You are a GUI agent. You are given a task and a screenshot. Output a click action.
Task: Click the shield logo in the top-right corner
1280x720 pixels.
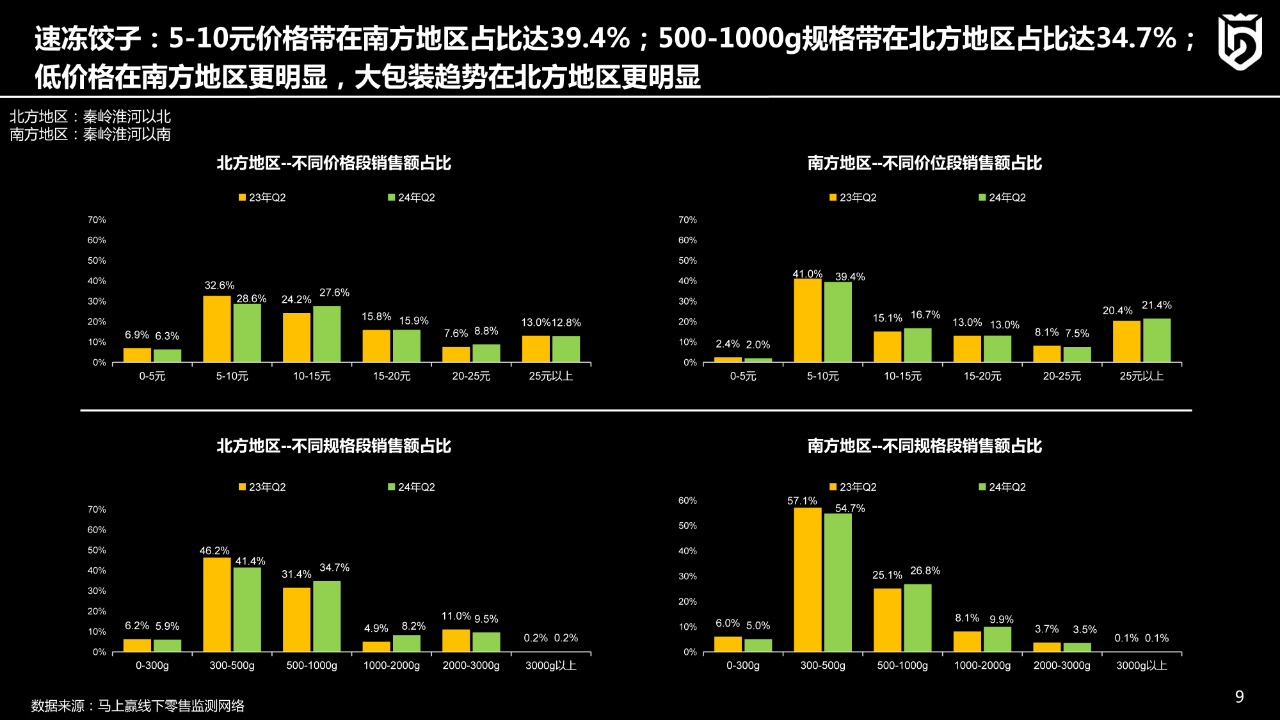coord(1239,42)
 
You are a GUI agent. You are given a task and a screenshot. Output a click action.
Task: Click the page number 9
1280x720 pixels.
coord(1240,697)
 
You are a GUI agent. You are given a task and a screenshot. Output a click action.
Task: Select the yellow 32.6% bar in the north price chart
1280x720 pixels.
coord(217,329)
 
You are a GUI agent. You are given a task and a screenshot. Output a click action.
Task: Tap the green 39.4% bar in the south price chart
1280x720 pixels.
coord(837,322)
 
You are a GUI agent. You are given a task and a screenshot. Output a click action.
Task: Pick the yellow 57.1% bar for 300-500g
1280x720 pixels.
coord(807,580)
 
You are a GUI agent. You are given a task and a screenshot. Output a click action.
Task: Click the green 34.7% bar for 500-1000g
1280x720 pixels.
coord(327,616)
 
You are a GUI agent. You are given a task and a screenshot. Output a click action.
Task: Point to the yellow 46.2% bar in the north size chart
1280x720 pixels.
coord(217,604)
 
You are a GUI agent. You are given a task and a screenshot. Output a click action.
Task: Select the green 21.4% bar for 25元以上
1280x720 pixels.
coord(1157,340)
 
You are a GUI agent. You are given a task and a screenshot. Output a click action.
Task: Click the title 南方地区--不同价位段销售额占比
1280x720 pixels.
coord(925,163)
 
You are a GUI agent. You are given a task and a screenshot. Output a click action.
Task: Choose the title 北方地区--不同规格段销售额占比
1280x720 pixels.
coord(335,446)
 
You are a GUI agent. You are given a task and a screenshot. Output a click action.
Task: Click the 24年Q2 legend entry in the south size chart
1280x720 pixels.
coord(1000,487)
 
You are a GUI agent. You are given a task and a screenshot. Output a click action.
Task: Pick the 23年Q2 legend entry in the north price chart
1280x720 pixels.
coord(262,198)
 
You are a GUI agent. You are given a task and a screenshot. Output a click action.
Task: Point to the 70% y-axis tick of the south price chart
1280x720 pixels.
coord(687,219)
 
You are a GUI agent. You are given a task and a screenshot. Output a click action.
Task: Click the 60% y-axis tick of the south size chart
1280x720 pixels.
coord(687,500)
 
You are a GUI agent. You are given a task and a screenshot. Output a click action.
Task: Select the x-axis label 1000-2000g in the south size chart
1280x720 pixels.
coord(981,666)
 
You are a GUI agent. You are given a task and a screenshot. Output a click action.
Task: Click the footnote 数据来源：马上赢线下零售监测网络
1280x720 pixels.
coord(138,705)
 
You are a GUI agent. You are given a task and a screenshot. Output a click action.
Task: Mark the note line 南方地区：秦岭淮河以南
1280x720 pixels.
coord(90,134)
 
